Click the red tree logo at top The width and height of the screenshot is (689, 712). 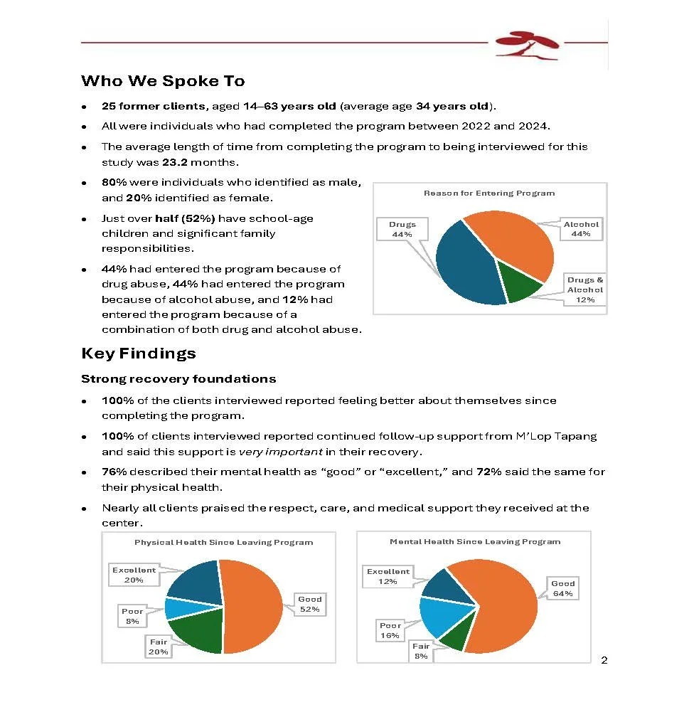pyautogui.click(x=528, y=44)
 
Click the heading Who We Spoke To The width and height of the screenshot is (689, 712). pyautogui.click(x=163, y=80)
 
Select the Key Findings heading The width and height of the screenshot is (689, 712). pyautogui.click(x=138, y=354)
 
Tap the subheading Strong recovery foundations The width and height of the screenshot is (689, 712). pyautogui.click(x=178, y=378)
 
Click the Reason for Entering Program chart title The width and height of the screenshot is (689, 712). pyautogui.click(x=489, y=193)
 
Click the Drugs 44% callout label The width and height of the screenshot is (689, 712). pyautogui.click(x=402, y=229)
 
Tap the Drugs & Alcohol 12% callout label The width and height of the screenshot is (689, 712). pyautogui.click(x=584, y=290)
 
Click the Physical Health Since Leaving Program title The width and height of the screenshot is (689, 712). pyautogui.click(x=223, y=542)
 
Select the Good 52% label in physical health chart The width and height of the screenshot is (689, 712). pyautogui.click(x=309, y=604)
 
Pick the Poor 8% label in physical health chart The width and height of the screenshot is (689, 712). pyautogui.click(x=132, y=616)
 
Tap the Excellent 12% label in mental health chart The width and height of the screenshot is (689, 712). pyautogui.click(x=388, y=576)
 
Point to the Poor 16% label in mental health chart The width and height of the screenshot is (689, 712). pyautogui.click(x=390, y=630)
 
